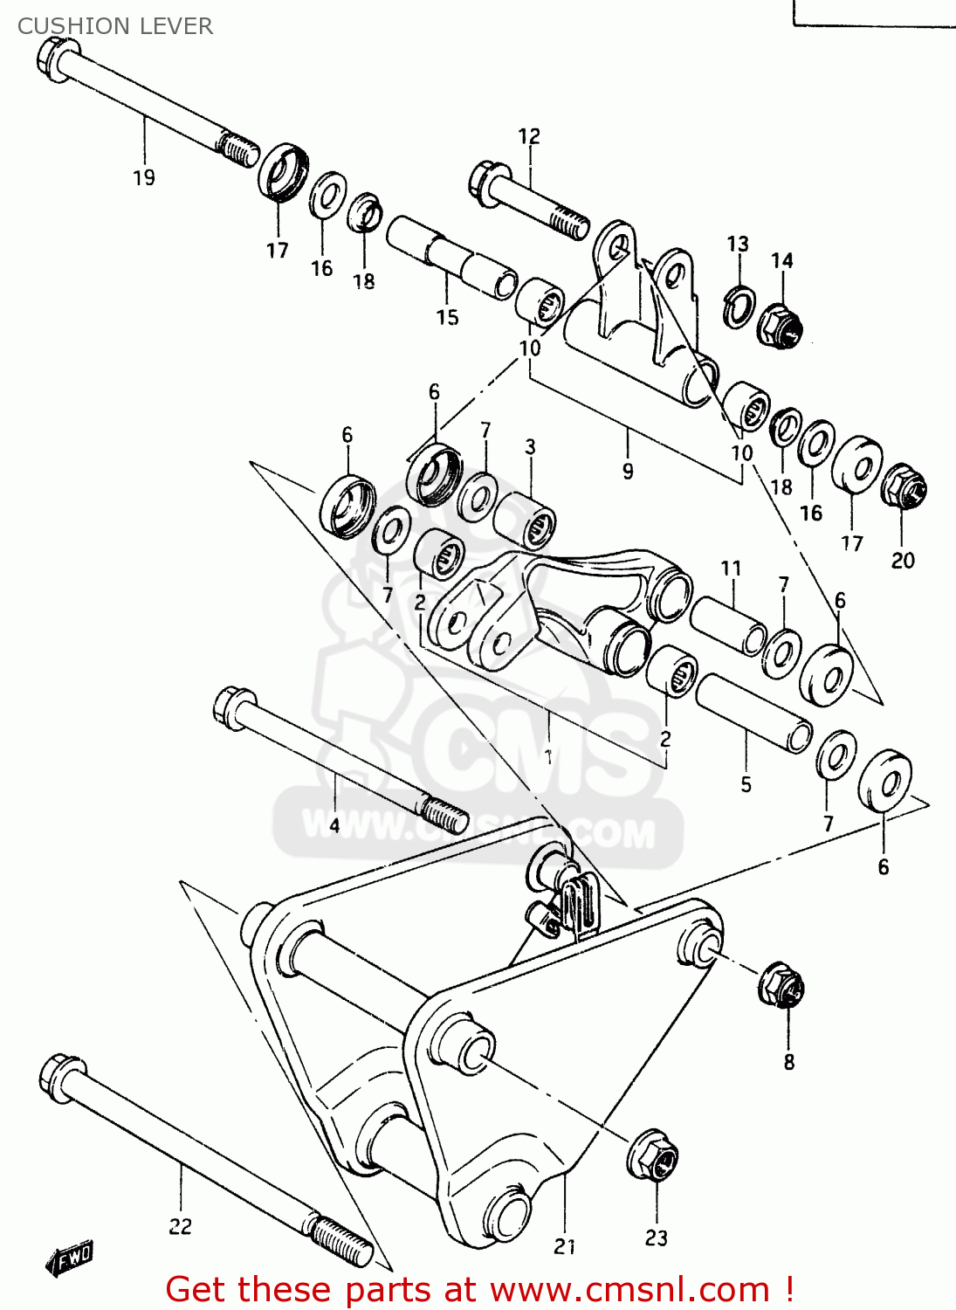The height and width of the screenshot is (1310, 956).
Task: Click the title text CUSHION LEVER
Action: (x=114, y=26)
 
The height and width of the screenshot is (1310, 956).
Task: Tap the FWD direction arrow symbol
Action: (x=70, y=1258)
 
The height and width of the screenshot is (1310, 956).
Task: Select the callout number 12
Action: (x=529, y=136)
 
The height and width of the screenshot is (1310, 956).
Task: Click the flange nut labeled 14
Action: (x=779, y=325)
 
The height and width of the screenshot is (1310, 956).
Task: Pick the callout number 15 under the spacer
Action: (x=447, y=317)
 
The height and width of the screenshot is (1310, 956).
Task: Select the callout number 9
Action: (x=628, y=472)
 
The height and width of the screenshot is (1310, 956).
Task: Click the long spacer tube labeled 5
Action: (x=753, y=713)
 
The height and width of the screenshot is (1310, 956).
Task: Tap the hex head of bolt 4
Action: (x=234, y=706)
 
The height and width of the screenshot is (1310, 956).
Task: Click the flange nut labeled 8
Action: (x=781, y=985)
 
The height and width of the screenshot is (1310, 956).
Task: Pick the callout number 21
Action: (x=565, y=1246)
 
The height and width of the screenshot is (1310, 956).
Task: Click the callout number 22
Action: (x=180, y=1226)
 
